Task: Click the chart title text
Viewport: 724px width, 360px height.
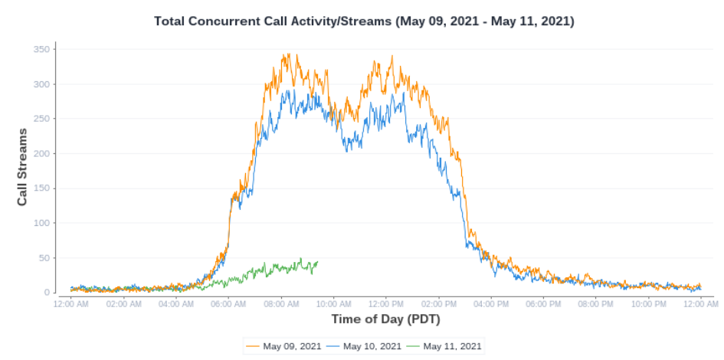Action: point(364,21)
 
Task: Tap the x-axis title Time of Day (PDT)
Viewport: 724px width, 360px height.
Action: point(385,319)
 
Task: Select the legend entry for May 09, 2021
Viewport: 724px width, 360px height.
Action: point(283,346)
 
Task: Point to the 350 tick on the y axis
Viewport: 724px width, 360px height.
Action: point(42,50)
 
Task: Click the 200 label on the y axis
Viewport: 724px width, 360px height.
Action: point(42,154)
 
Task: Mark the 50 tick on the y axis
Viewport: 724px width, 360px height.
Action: point(45,258)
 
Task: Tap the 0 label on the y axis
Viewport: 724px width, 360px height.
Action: point(48,293)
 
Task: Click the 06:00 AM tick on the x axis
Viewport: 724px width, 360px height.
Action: point(228,304)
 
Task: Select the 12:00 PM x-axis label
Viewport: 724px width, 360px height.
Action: point(385,304)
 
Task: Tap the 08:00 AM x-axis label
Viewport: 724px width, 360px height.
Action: point(280,304)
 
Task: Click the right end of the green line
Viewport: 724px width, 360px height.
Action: point(317,262)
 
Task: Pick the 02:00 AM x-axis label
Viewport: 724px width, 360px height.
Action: point(123,304)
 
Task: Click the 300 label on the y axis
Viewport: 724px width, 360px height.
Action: point(42,84)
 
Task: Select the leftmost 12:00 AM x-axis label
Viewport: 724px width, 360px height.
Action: point(71,304)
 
